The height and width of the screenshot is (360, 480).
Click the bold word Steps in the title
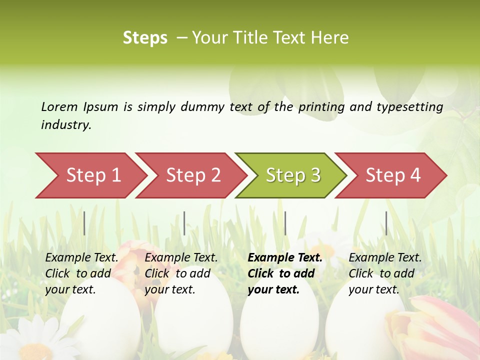tap(145, 38)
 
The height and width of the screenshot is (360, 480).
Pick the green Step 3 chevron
tap(292, 175)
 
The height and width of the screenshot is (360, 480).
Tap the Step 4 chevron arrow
tap(392, 175)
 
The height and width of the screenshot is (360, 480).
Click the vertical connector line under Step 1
tap(84, 223)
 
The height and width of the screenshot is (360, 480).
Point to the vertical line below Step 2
tap(184, 223)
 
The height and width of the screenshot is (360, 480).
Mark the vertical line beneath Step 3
tap(285, 223)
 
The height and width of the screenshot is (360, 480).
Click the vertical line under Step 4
tap(386, 223)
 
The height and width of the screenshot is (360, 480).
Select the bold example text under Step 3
tap(284, 273)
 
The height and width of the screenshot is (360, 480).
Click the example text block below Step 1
tap(81, 273)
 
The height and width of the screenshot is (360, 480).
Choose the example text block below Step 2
tap(180, 273)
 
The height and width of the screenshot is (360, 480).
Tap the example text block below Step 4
tap(384, 273)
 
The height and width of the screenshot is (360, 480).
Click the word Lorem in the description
tap(59, 106)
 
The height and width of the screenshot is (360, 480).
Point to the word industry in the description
tap(66, 125)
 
